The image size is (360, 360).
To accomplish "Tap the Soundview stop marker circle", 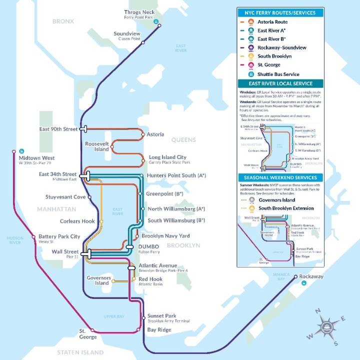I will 143,43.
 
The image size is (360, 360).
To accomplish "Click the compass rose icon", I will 325,327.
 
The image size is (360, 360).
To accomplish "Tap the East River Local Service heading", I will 279,83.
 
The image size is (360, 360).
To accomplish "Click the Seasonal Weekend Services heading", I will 279,177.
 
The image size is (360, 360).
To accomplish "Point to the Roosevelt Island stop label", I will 97,146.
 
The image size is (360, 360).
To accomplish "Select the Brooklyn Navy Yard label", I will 165,235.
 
